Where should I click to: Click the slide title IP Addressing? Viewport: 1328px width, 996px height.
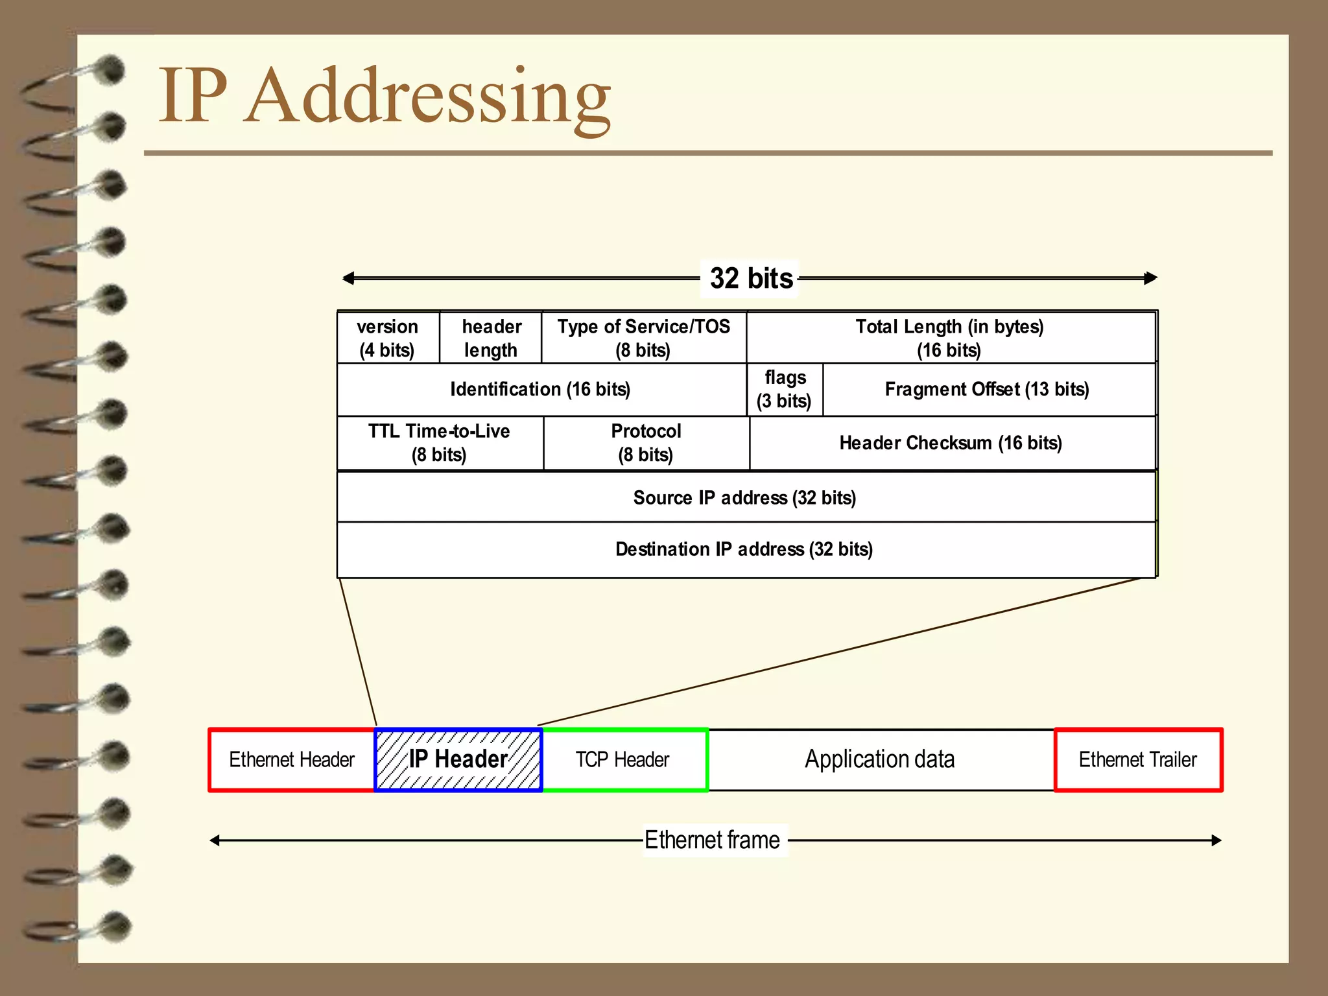pyautogui.click(x=384, y=96)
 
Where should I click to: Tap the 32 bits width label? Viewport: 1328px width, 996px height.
pyautogui.click(x=751, y=278)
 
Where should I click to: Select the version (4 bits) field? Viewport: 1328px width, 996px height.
pyautogui.click(x=388, y=338)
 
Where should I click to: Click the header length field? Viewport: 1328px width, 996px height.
pyautogui.click(x=491, y=338)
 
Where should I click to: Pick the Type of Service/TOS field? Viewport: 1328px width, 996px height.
pyautogui.click(x=643, y=338)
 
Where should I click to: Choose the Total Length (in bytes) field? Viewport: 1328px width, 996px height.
pyautogui.click(x=949, y=338)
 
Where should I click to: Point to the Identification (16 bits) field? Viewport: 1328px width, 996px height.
pyautogui.click(x=540, y=389)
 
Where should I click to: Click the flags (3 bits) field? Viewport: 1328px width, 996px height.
pyautogui.click(x=785, y=389)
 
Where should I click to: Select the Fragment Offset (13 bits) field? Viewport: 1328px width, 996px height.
pyautogui.click(x=987, y=389)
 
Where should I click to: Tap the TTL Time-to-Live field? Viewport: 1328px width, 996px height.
pyautogui.click(x=439, y=443)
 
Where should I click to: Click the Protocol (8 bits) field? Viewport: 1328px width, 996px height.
pyautogui.click(x=646, y=443)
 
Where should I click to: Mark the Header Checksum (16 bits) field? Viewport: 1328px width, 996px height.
pyautogui.click(x=951, y=443)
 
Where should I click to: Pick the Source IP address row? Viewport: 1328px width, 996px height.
pyautogui.click(x=744, y=497)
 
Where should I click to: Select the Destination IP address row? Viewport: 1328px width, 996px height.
pyautogui.click(x=744, y=549)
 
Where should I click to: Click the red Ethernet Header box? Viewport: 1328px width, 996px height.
pyautogui.click(x=292, y=759)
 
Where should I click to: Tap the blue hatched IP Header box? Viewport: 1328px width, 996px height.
pyautogui.click(x=458, y=759)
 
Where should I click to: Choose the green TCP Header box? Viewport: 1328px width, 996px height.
pyautogui.click(x=623, y=759)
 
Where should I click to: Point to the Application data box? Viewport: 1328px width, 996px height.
pyautogui.click(x=880, y=759)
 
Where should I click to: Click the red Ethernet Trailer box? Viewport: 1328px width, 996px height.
pyautogui.click(x=1138, y=759)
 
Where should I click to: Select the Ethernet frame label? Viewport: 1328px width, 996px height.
pyautogui.click(x=713, y=840)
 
